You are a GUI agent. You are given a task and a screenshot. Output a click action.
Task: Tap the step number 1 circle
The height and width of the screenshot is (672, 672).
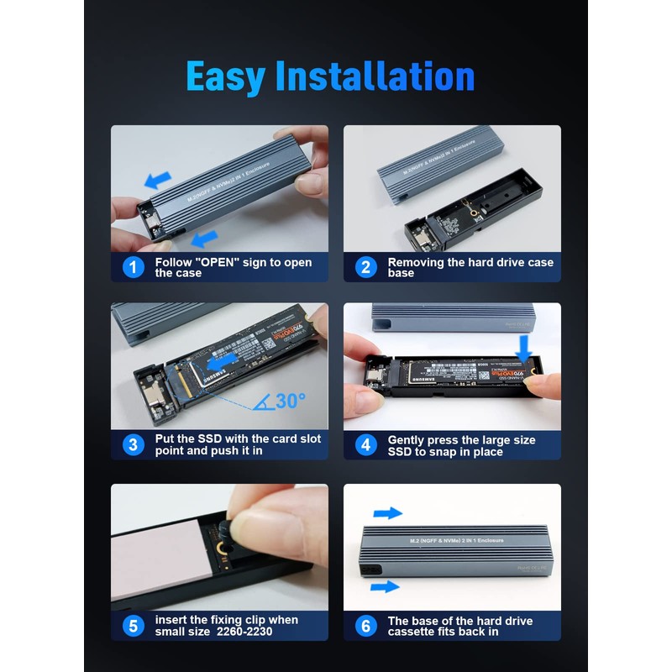pyautogui.click(x=133, y=267)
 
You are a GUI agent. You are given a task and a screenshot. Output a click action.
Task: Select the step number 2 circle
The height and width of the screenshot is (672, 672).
pyautogui.click(x=365, y=267)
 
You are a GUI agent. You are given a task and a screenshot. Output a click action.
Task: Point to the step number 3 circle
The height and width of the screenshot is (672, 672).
pyautogui.click(x=133, y=445)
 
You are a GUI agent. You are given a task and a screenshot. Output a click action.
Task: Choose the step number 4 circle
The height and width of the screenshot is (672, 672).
pyautogui.click(x=365, y=445)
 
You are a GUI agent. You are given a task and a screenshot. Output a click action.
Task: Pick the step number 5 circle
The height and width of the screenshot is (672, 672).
pyautogui.click(x=133, y=626)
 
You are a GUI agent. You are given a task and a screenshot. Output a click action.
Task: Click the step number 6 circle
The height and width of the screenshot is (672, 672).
pyautogui.click(x=365, y=626)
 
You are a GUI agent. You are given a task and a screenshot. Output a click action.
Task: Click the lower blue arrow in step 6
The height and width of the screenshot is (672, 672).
pyautogui.click(x=385, y=586)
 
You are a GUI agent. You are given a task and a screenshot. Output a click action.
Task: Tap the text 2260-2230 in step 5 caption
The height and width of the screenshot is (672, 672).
pyautogui.click(x=244, y=632)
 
